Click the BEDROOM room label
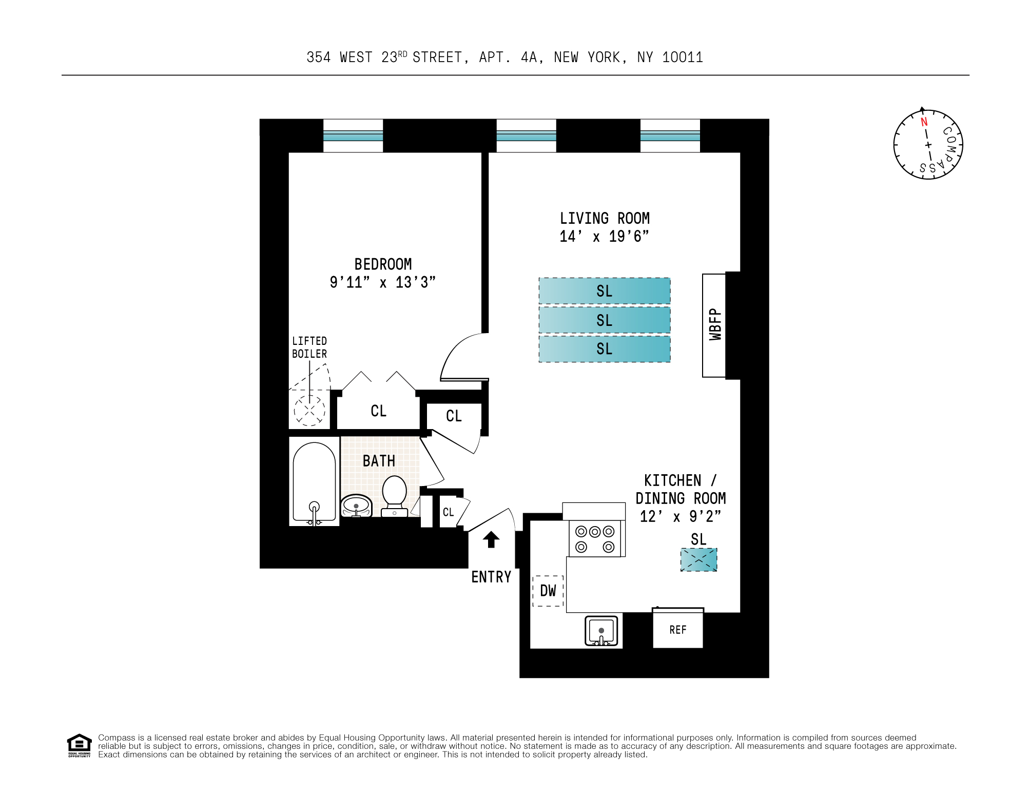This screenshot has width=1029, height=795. click(383, 264)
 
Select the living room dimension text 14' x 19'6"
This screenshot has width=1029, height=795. click(604, 237)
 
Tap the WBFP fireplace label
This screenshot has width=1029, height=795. click(715, 324)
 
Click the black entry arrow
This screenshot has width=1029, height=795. click(491, 539)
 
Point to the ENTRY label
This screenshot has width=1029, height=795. click(491, 577)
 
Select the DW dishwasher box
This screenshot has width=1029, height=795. click(548, 591)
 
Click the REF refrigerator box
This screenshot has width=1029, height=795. click(677, 630)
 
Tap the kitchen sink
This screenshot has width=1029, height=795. click(601, 631)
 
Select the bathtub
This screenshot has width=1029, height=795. click(314, 482)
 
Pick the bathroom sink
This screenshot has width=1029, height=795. click(356, 506)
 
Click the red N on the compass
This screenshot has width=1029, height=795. click(924, 122)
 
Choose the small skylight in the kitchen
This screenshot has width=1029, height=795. click(698, 560)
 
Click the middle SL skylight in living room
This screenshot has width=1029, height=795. click(604, 320)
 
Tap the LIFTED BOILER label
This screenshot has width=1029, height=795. click(309, 347)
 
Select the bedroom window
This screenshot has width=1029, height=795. click(353, 135)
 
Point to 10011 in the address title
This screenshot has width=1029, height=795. click(682, 57)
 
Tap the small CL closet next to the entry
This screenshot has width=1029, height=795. click(448, 512)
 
